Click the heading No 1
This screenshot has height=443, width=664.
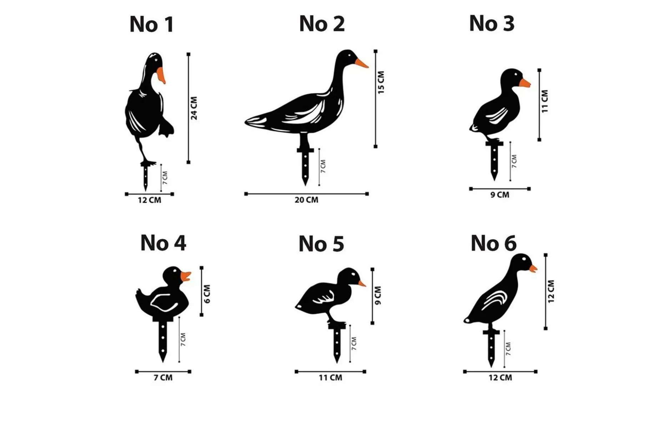coord(152,24)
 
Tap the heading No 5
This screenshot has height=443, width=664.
coord(321,244)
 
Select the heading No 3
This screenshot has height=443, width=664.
coord(492,23)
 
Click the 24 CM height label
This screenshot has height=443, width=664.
coord(194,108)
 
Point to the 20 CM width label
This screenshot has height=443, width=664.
coord(306,200)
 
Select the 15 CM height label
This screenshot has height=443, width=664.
coord(381,83)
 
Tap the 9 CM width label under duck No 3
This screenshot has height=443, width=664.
coord(500,195)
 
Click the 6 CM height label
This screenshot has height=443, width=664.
coord(207,294)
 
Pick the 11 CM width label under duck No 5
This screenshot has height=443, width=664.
coord(330,378)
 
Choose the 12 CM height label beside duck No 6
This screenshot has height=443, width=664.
coord(551,291)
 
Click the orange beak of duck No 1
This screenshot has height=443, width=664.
coord(161,75)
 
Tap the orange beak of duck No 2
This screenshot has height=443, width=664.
coord(361,63)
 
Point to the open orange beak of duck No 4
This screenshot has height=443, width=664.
coord(186,277)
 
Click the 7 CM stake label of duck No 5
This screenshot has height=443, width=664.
coord(354,343)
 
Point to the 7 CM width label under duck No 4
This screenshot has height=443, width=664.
coord(163,378)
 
